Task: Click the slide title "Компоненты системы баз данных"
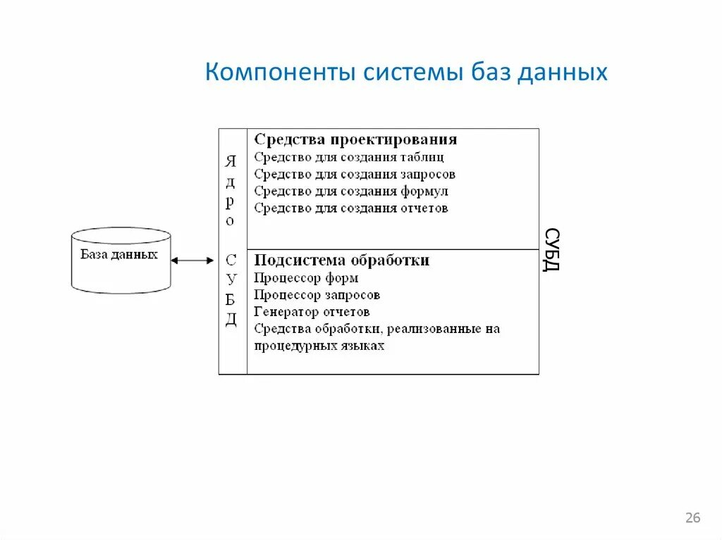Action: point(406,73)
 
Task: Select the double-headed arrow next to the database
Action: point(192,260)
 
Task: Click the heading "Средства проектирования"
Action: point(355,139)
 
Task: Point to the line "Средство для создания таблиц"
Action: point(349,157)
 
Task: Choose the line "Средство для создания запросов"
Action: point(355,174)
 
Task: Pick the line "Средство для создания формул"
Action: point(351,191)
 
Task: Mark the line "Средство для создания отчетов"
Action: point(351,208)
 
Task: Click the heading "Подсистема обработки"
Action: point(342,260)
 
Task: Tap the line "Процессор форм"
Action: point(306,278)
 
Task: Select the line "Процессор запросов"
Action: point(317,295)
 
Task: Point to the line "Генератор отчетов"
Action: point(312,312)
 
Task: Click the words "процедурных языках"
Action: point(319,346)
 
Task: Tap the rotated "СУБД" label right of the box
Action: point(552,251)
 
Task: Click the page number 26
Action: point(692,518)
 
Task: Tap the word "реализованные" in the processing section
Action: point(437,329)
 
